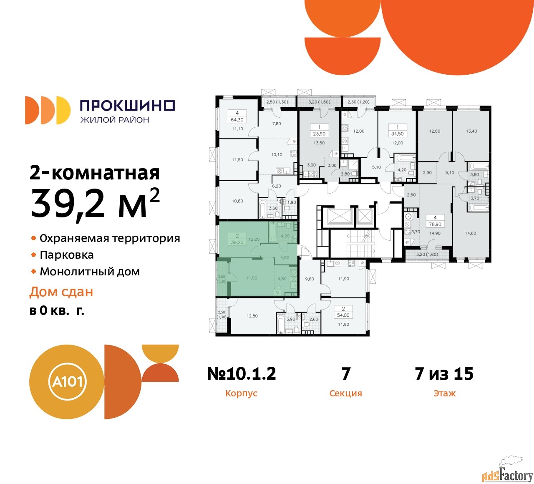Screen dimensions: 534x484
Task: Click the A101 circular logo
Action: coord(67,382)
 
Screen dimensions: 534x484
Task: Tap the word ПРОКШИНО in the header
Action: coord(128,106)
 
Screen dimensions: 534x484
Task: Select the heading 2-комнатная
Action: coord(95,173)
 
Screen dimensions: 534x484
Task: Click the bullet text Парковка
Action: coord(67,255)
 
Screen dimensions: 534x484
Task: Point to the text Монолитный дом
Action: coord(90,272)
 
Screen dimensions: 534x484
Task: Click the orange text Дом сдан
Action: coord(61,292)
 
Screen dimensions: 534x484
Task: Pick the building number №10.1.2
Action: coord(242,373)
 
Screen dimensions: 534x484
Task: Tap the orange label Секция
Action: coord(345,393)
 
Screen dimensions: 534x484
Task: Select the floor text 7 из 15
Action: coord(444,373)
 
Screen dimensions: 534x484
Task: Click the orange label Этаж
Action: coord(445,393)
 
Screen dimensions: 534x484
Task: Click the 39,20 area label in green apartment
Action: coord(237,242)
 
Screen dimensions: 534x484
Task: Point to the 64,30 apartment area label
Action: coord(237,120)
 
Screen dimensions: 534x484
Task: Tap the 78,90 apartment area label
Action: coord(435,224)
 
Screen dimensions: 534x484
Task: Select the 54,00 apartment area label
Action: coord(343,315)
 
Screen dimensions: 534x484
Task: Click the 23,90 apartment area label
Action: coord(319,134)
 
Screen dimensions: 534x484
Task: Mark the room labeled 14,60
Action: coord(470,233)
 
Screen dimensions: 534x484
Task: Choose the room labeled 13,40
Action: coord(471,131)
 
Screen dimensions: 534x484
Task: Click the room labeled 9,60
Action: coord(310,279)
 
